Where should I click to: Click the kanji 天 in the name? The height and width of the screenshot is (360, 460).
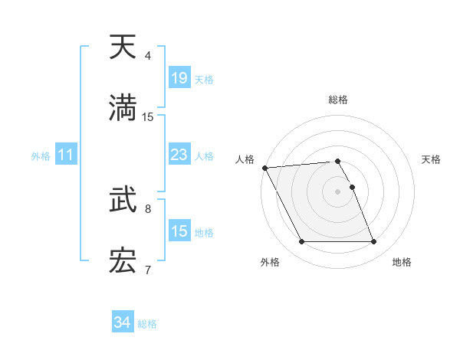[123, 47]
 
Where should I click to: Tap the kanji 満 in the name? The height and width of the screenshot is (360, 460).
[123, 109]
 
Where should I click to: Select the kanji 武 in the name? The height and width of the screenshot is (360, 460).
[123, 201]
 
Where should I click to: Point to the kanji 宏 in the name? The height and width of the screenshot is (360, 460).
[123, 262]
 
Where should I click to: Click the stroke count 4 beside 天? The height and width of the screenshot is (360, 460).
[148, 56]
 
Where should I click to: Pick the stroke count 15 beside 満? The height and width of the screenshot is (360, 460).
[148, 117]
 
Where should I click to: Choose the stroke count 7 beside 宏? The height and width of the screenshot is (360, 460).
[148, 270]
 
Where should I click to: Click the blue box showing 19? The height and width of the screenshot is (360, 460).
[179, 78]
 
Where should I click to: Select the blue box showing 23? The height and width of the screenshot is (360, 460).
[179, 155]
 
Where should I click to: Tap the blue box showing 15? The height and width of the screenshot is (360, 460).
[179, 231]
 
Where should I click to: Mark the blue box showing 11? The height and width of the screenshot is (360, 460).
[66, 155]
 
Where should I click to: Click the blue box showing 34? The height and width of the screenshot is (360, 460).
[122, 323]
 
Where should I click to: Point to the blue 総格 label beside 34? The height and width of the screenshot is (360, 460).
[147, 324]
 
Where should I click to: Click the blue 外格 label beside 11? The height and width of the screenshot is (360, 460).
[41, 156]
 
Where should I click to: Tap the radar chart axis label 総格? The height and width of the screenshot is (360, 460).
[338, 100]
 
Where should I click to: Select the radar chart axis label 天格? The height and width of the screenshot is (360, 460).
[432, 159]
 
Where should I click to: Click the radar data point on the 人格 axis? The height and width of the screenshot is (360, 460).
[264, 168]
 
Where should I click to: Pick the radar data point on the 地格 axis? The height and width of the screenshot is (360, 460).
[374, 242]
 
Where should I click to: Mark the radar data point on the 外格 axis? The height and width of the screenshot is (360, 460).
[301, 242]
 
